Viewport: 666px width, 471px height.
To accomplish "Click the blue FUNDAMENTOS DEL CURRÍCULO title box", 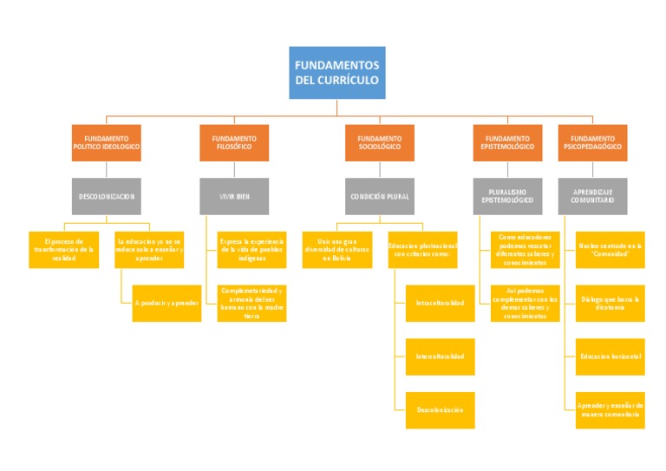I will pos(336,73).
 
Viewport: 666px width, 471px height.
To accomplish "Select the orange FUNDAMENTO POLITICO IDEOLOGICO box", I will pos(106,143).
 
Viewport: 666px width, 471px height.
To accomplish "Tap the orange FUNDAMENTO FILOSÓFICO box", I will pos(234,143).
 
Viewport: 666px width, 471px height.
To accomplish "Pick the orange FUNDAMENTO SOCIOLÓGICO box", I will pos(380,143).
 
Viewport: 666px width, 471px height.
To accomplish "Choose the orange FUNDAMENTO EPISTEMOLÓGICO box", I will pos(507,143).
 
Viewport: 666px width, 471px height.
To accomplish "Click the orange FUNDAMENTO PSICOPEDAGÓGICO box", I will pos(593,143).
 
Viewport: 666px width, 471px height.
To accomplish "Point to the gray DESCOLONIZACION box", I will pos(106,196).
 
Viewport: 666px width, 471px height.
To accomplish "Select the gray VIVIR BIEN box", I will pos(234,196).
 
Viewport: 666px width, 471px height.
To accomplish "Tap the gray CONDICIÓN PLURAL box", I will pos(380,196).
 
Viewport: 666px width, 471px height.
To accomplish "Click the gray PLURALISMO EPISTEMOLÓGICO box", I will pos(507,196).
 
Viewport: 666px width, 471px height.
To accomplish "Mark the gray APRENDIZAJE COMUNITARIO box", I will pos(593,196).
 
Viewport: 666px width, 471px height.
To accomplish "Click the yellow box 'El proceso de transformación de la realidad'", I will pos(64,250).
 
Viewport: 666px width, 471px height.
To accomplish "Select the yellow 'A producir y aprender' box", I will pos(166,303).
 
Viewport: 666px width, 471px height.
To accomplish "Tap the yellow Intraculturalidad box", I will pos(441,303).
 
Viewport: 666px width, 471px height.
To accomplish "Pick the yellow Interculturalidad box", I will pos(441,357).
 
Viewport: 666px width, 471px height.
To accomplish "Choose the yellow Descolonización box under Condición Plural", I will pos(441,409).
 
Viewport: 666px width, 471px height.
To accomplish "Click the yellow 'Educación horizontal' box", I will pos(610,357).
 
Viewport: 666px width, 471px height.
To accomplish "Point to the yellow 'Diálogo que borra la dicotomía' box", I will pos(610,303).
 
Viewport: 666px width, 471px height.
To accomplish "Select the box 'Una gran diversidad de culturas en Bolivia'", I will pos(337,250).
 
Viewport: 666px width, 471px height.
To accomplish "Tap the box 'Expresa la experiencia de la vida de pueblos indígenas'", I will pos(251,250).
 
